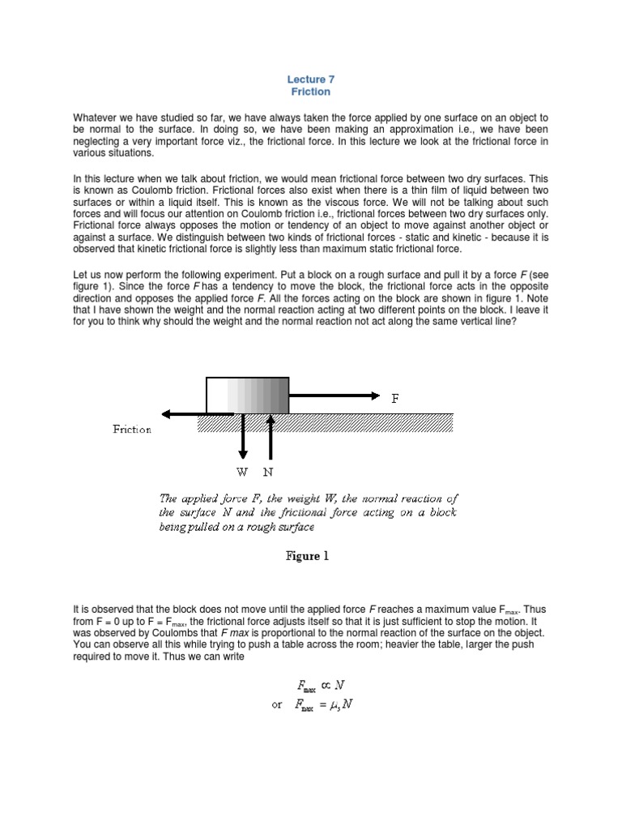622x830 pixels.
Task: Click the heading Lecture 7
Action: [311, 79]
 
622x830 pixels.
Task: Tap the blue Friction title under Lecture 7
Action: [311, 92]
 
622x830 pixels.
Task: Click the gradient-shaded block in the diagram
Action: [248, 395]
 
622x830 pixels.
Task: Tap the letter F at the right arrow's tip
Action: [394, 398]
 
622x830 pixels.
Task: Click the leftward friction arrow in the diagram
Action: [198, 413]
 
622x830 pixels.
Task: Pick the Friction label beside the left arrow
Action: [131, 430]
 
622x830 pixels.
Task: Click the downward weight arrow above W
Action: [242, 438]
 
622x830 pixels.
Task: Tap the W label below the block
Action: [242, 471]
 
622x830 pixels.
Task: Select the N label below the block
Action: [268, 471]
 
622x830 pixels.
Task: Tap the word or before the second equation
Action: [278, 704]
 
